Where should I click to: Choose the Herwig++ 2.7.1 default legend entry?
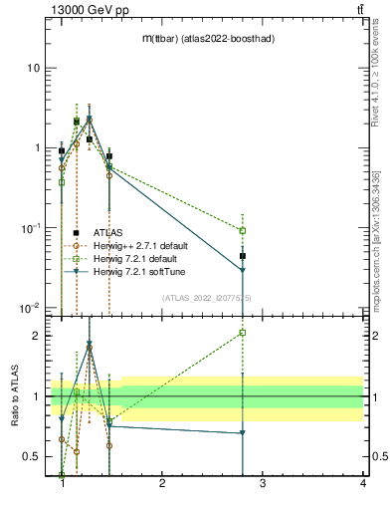[x=146, y=245]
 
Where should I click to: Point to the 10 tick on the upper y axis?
[x=33, y=68]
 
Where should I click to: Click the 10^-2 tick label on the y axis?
[x=30, y=307]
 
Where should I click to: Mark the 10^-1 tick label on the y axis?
[x=30, y=227]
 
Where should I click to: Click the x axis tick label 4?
[x=363, y=484]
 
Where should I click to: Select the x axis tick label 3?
[x=263, y=484]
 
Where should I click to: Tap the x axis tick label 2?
[x=162, y=484]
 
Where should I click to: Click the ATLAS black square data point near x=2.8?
[x=243, y=256]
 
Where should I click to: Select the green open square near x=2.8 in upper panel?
[x=243, y=230]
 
